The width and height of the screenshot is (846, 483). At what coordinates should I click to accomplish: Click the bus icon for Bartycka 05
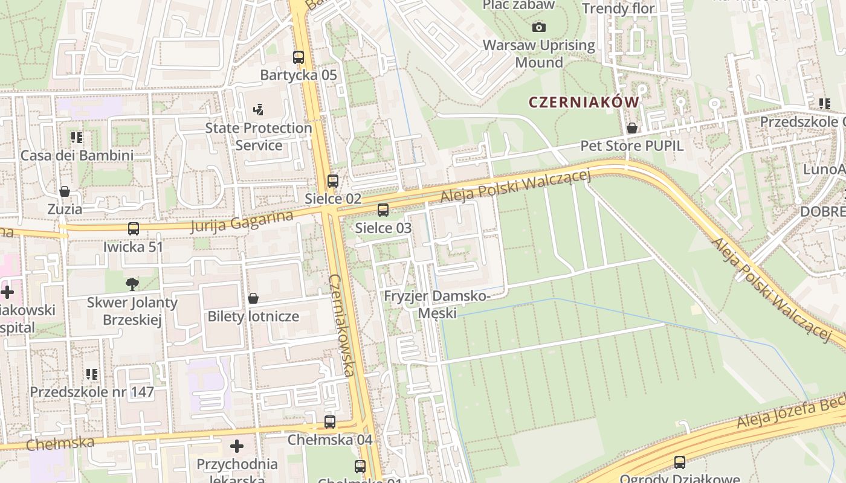coord(299,57)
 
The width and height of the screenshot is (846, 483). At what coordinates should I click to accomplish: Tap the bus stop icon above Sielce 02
coord(333,181)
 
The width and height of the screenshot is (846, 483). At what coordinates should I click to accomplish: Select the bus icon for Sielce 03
coord(383,210)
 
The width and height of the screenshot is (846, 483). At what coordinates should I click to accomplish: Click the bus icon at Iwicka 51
coord(134,229)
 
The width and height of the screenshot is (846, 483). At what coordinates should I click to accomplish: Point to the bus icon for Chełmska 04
coord(330,422)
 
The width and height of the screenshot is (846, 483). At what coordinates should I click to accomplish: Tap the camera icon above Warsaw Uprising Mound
coord(539,27)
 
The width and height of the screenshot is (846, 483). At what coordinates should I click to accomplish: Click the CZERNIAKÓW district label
coord(584,102)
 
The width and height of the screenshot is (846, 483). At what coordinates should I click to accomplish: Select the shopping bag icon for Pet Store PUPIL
coord(632,128)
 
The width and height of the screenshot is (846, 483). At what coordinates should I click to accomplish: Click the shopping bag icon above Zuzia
coord(65,191)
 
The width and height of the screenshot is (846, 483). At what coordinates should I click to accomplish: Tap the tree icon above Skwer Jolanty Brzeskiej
coord(132,284)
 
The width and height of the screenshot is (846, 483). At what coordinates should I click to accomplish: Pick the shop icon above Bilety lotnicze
coord(253,298)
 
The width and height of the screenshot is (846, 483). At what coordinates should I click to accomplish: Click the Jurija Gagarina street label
coord(242,222)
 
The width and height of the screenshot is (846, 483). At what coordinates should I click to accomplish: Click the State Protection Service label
coord(259,136)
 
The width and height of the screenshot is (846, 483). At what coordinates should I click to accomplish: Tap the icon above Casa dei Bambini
coord(77,138)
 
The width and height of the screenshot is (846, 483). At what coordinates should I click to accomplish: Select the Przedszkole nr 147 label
coord(92,392)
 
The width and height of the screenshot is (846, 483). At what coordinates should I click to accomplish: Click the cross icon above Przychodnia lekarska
coord(237,446)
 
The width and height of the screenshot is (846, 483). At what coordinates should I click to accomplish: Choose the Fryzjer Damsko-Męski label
coord(438,304)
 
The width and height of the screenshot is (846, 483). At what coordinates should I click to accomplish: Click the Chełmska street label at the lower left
coord(60,443)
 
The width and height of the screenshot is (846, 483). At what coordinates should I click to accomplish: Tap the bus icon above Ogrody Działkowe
coord(680,462)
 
